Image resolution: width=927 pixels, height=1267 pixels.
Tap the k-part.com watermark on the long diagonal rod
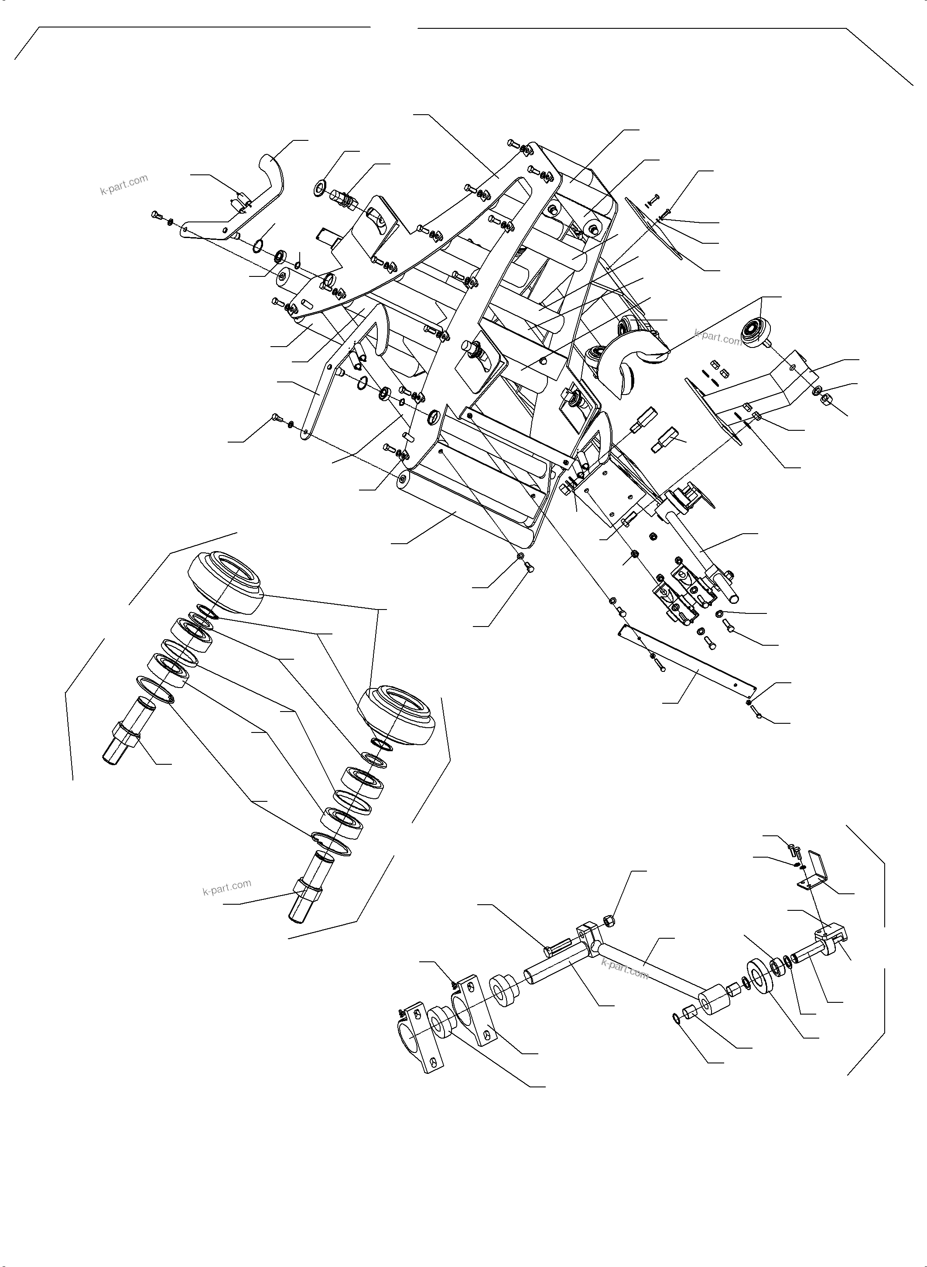click(x=625, y=969)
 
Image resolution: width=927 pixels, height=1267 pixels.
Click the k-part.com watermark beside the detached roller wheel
click(x=718, y=337)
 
